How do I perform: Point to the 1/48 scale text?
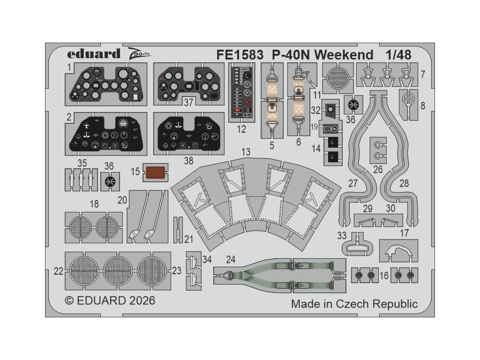[398, 54]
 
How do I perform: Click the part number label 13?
[246, 152]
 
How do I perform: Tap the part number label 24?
[230, 259]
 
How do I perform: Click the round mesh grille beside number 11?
[337, 76]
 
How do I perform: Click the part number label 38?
[188, 161]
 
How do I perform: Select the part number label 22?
[59, 270]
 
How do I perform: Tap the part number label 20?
[123, 200]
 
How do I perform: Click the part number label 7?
[422, 74]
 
